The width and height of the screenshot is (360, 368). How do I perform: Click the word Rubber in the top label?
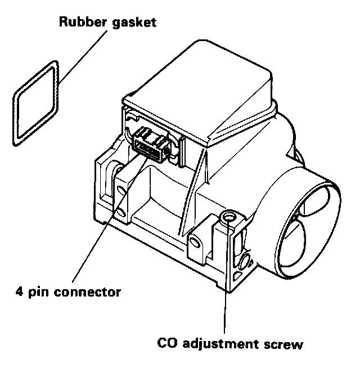77,23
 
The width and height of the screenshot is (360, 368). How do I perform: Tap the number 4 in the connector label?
19,292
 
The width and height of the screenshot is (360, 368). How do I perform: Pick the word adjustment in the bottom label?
223,343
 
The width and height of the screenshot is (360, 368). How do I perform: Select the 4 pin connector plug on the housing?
152,144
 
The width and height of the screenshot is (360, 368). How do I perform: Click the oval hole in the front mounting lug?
194,243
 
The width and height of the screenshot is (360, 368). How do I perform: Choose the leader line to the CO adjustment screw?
226,281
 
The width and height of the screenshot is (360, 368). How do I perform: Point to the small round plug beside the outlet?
245,260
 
